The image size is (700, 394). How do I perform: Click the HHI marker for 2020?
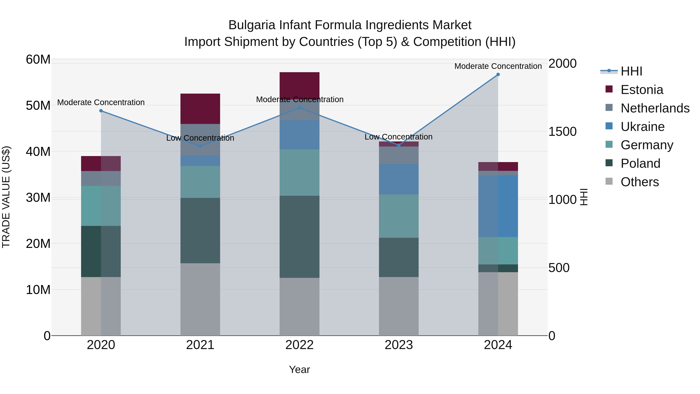tap(101, 111)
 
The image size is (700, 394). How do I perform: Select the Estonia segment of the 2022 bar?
tap(299, 85)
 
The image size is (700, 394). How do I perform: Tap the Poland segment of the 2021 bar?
tap(200, 230)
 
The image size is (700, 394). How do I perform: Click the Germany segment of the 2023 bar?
tap(398, 216)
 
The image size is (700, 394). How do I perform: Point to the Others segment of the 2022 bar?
tap(299, 306)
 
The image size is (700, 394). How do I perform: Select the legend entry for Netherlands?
tap(655, 108)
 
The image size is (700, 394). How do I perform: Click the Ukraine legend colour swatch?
tap(609, 126)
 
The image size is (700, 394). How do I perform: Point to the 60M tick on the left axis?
tap(38, 59)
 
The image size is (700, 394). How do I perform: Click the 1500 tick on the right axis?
tap(562, 132)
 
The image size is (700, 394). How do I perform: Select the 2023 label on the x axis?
tap(398, 345)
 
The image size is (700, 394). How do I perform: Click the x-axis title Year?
tap(299, 369)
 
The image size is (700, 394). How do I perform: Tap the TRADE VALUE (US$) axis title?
tap(6, 197)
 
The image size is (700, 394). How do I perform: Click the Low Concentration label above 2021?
tap(200, 138)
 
